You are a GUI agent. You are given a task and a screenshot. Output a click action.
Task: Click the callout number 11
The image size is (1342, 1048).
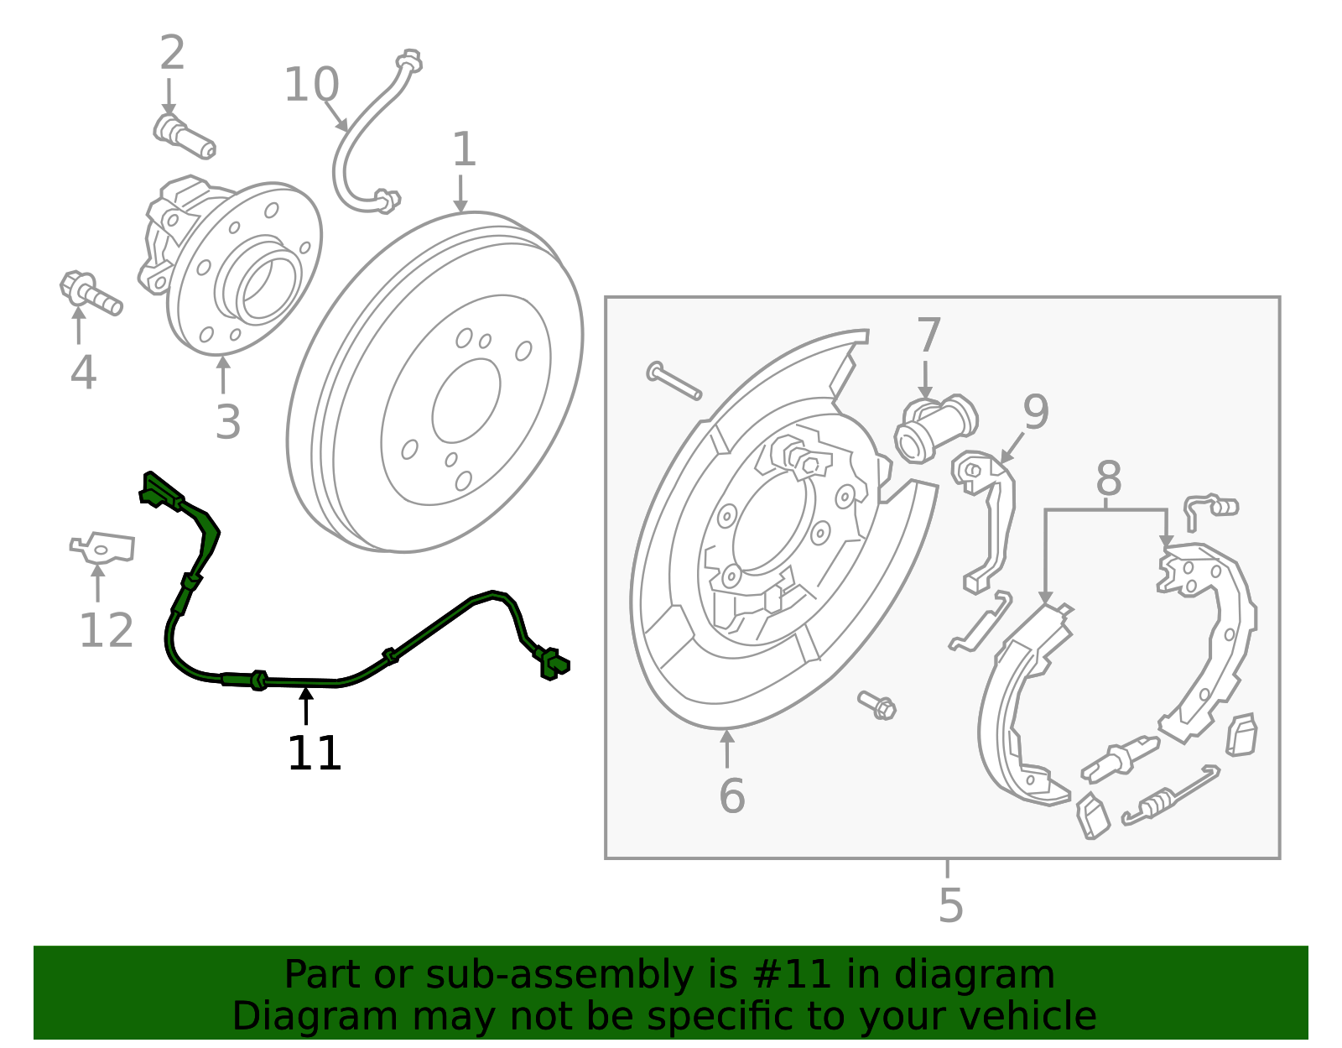(x=314, y=753)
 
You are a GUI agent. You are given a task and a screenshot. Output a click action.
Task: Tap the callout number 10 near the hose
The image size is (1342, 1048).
(x=311, y=85)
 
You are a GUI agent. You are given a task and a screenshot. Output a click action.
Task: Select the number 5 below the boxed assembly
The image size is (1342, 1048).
(x=950, y=905)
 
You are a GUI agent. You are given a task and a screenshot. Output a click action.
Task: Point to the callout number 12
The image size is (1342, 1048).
(x=106, y=630)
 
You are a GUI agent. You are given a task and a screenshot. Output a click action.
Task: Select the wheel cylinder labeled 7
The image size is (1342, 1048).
(x=934, y=426)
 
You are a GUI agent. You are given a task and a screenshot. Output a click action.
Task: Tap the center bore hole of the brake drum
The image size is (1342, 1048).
(x=466, y=400)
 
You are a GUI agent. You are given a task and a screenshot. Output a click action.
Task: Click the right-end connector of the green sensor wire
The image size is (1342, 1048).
(x=553, y=663)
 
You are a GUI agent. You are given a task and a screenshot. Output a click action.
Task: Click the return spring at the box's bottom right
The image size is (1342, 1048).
(x=1170, y=795)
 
